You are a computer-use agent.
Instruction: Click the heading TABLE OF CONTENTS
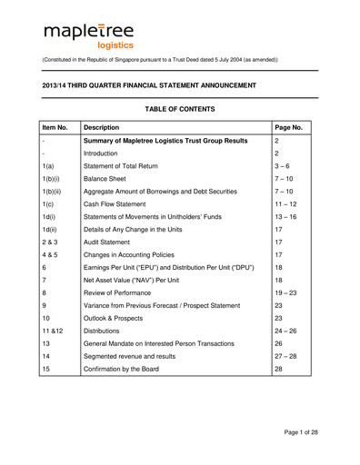(x=179, y=109)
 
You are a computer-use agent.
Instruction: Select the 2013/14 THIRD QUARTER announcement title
(x=150, y=84)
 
